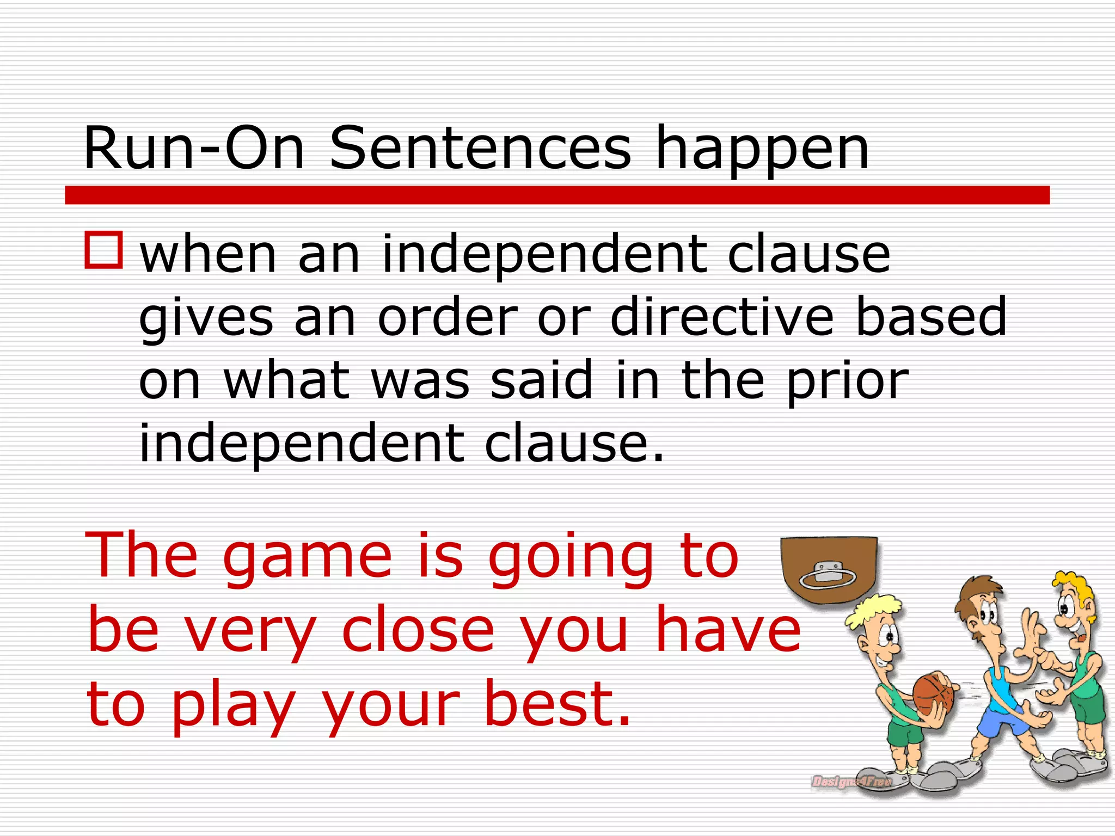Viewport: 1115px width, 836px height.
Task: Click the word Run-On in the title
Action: pos(193,148)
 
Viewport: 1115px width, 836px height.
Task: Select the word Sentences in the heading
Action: pos(480,148)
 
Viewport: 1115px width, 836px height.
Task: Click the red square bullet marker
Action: pos(103,250)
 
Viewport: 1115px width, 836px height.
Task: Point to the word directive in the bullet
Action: pos(722,317)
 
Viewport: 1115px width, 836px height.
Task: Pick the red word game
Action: pos(308,558)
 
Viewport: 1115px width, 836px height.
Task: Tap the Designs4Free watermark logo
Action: pos(851,782)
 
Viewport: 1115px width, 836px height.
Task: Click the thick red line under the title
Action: pos(557,195)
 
